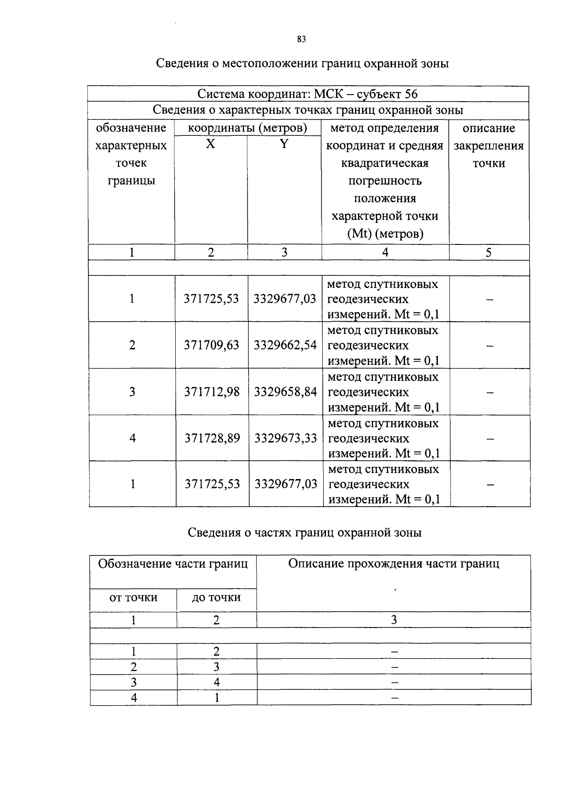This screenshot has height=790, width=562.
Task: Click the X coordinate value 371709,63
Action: tap(212, 345)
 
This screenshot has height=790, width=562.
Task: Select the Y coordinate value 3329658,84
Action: tap(285, 391)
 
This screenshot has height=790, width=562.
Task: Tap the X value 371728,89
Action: tap(212, 438)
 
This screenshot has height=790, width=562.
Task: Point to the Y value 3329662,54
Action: tap(285, 345)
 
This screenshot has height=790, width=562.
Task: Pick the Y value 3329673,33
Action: tap(286, 438)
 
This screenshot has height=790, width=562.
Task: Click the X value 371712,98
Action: tap(212, 391)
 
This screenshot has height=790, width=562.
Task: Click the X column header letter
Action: tap(211, 144)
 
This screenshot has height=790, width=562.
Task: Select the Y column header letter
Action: tap(284, 144)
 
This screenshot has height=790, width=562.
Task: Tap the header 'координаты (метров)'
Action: tap(247, 128)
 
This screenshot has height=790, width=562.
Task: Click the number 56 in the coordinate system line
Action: tap(411, 94)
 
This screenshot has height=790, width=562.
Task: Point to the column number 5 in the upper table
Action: tap(488, 253)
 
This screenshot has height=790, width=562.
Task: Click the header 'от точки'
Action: tap(133, 598)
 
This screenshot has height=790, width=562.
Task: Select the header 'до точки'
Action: tap(216, 598)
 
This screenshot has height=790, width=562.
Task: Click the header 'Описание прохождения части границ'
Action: tap(393, 563)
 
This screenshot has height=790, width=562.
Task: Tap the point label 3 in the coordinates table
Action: tap(132, 391)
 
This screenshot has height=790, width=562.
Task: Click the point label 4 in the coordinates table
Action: tap(133, 438)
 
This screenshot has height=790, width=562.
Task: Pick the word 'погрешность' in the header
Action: tap(385, 181)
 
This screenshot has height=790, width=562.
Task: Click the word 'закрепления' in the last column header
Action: tap(488, 146)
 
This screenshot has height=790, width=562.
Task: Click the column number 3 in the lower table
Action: tap(394, 620)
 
